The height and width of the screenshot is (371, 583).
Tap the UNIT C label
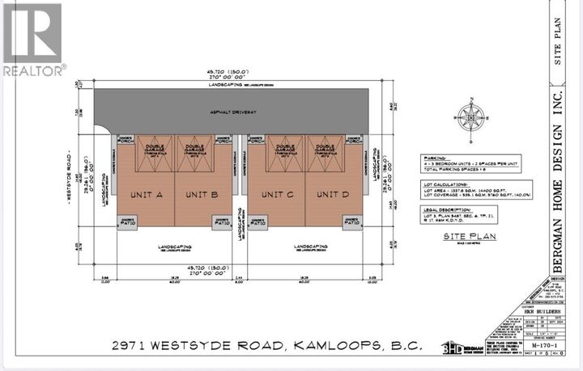click(283, 195)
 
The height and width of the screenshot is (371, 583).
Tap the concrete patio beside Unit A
click(128, 221)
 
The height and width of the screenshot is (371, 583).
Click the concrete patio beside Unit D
click(355, 221)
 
